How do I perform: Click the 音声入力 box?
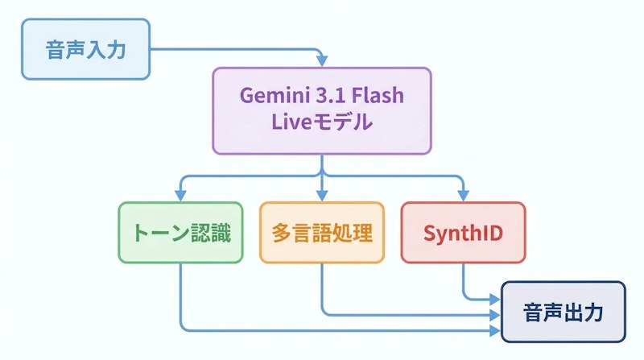point(85,49)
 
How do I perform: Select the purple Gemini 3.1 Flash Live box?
point(322,110)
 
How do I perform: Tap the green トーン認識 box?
point(180,233)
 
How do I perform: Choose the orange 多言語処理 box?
point(322,233)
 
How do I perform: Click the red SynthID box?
point(464,233)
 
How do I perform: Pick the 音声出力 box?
point(563,312)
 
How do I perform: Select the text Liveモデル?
point(322,124)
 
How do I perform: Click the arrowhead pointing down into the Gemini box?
point(322,62)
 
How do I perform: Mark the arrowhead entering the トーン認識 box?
point(180,197)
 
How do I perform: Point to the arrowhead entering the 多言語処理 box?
point(322,197)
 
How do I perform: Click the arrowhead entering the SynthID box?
point(464,197)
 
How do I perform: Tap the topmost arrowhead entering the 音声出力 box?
point(495,299)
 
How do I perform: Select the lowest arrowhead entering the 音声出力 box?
point(495,330)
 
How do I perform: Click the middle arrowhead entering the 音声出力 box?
point(495,314)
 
